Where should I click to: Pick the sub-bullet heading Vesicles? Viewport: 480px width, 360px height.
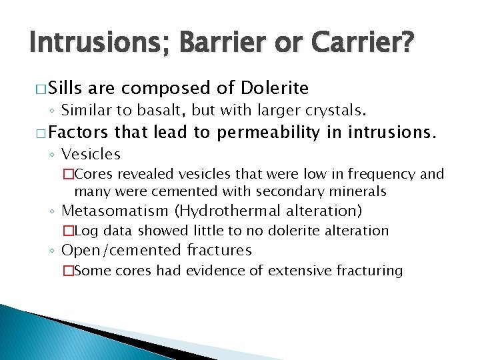tap(91, 155)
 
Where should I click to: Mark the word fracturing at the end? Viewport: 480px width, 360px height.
tap(371, 271)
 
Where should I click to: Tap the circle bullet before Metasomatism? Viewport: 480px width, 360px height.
tap(52, 212)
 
